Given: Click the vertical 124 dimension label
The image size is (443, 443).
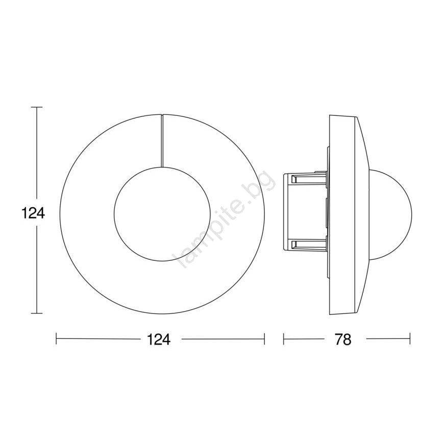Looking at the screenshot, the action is [x=33, y=213].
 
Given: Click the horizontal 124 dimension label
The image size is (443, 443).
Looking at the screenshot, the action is [x=159, y=339].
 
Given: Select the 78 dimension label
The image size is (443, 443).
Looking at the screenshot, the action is [x=343, y=339].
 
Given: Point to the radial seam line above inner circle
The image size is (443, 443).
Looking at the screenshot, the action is [x=162, y=140].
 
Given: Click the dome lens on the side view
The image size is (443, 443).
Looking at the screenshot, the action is [x=411, y=214].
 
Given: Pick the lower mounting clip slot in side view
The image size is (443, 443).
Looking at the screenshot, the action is [x=307, y=244].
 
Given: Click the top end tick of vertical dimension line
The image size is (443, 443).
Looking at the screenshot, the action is [x=36, y=107].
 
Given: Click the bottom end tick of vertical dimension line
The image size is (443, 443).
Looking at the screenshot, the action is [x=36, y=319].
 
